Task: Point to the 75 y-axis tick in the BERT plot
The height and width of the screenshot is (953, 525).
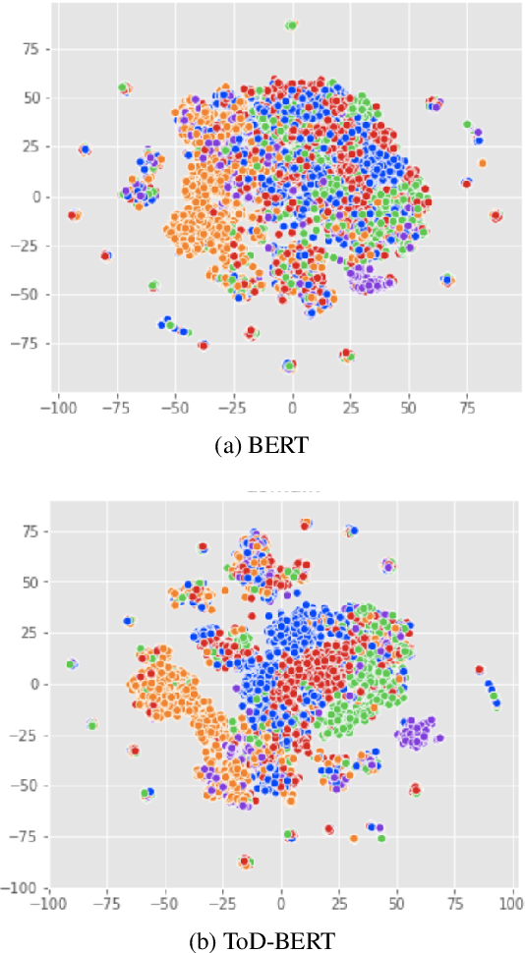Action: click(x=29, y=49)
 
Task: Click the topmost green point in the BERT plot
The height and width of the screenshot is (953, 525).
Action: click(x=291, y=26)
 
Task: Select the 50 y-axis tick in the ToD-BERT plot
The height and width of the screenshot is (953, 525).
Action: click(x=29, y=582)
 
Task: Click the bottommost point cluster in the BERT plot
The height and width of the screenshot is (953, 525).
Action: click(x=289, y=365)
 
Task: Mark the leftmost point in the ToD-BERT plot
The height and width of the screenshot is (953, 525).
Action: click(x=71, y=664)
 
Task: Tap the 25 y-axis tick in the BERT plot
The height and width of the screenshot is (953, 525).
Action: click(x=29, y=147)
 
